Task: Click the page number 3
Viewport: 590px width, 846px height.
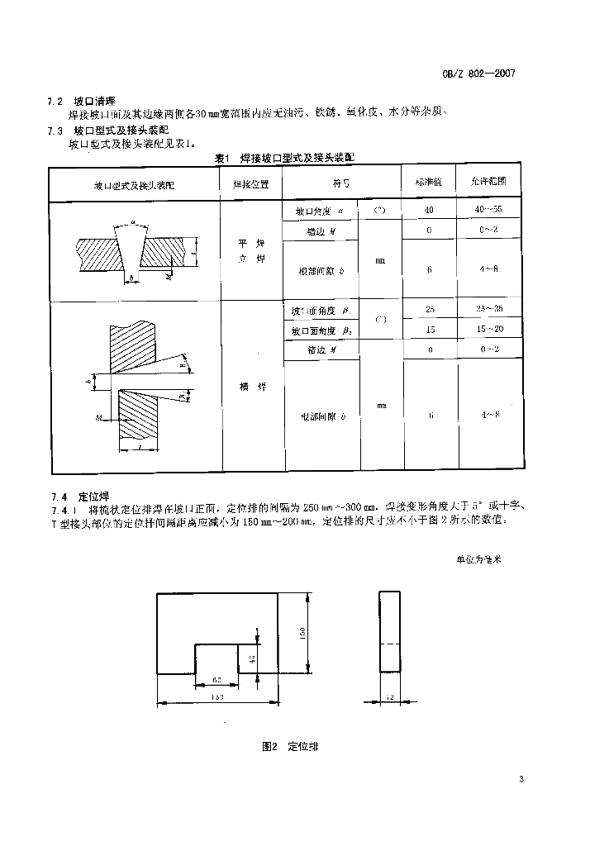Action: tap(521, 779)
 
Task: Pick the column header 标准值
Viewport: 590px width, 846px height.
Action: tap(429, 182)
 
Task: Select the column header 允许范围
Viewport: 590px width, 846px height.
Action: tap(489, 182)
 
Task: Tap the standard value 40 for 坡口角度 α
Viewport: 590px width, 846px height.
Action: tap(429, 211)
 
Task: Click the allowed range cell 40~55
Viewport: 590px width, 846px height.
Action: tap(489, 211)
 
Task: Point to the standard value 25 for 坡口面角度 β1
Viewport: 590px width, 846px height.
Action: tap(429, 311)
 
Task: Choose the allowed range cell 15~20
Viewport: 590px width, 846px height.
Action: tap(489, 330)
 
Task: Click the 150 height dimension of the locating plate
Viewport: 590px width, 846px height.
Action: tap(303, 633)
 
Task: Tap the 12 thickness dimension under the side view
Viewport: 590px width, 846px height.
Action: tap(389, 698)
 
